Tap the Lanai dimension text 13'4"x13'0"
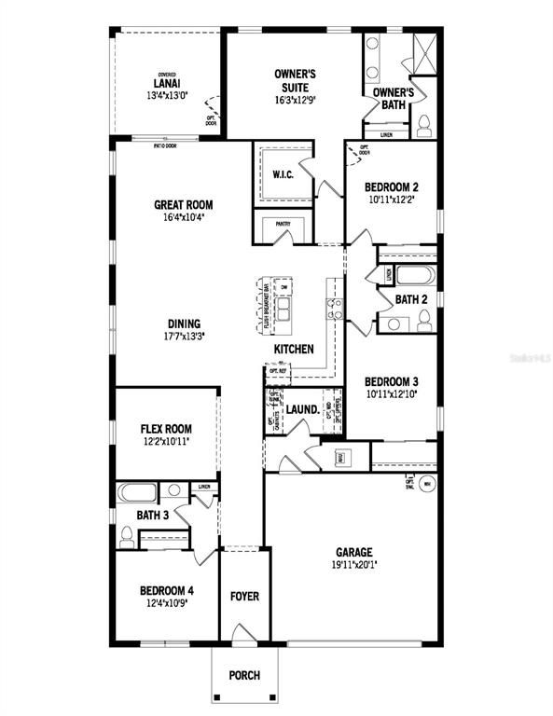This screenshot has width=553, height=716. (x=167, y=94)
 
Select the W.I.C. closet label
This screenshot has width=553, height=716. (x=283, y=174)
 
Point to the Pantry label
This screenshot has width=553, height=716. (x=283, y=224)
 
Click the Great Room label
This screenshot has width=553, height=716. (x=183, y=205)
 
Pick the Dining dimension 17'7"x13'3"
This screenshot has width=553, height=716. (x=184, y=337)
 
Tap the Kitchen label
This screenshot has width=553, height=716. (x=293, y=349)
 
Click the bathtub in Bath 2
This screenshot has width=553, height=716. (x=414, y=276)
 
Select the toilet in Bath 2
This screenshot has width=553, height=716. (x=424, y=321)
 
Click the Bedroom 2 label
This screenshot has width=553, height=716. (x=391, y=186)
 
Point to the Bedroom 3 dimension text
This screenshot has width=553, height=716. (x=391, y=393)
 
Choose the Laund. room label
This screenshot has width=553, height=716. (x=302, y=409)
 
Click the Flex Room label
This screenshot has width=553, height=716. (x=166, y=429)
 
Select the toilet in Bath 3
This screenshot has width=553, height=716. (x=127, y=536)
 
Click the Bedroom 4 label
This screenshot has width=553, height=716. (x=166, y=590)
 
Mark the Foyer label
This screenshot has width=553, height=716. (x=244, y=596)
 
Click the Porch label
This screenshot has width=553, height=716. (x=244, y=676)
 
